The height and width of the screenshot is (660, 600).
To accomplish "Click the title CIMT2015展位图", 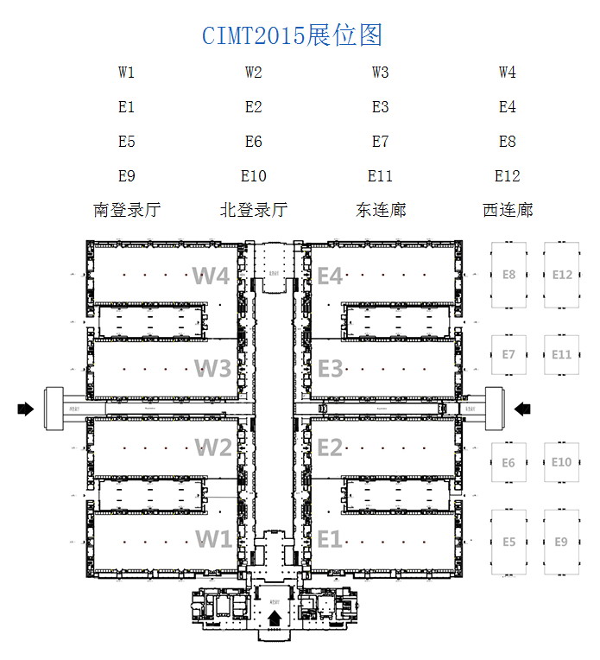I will [292, 35].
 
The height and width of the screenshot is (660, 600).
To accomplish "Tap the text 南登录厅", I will [127, 210].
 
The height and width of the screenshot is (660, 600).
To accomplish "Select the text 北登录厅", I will [254, 210].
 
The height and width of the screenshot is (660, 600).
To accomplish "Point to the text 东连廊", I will [381, 210].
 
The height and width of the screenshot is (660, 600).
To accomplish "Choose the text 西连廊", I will [508, 210].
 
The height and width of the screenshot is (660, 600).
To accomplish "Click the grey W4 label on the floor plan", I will [212, 276].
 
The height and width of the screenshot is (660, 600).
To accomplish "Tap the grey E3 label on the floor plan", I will [330, 369].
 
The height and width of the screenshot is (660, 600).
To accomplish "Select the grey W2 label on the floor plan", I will [212, 447].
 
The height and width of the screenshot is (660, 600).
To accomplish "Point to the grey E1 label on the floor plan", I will [330, 539].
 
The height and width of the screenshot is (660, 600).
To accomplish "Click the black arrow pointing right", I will [26, 409].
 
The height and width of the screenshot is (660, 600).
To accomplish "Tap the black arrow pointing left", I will [523, 409].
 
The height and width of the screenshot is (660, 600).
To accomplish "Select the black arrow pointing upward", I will [275, 617].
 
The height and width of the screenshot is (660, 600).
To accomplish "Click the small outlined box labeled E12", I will [562, 276].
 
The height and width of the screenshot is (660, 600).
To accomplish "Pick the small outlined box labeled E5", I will [508, 541].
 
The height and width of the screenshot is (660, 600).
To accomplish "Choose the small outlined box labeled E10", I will [561, 462].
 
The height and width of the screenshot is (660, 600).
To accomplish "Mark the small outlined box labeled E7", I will [508, 354].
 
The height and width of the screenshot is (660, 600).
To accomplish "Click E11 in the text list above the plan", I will [381, 176].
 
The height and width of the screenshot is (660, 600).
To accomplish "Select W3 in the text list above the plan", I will [381, 73].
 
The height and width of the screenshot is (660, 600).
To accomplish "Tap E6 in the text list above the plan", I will [254, 142].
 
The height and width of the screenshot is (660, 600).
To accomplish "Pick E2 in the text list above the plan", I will [254, 107].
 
